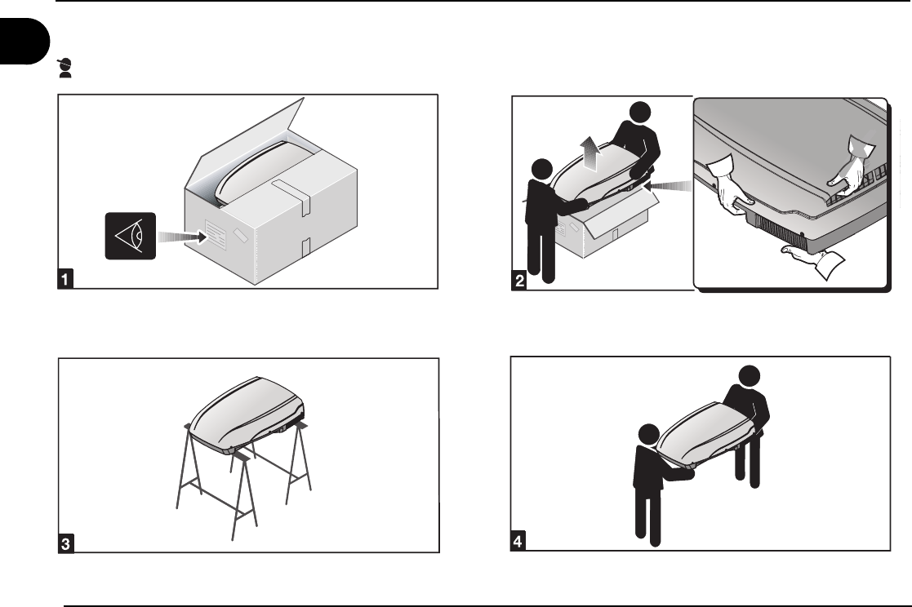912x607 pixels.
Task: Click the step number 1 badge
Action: coord(65,278)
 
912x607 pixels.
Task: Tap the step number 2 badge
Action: coord(518,280)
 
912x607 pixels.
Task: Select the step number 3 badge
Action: coord(65,543)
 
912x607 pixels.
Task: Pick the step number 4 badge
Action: coord(518,541)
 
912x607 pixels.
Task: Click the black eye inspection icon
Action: coord(131,236)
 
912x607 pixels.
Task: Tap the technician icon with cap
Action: coord(65,68)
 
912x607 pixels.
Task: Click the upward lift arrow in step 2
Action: coord(590,153)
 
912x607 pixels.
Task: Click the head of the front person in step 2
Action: coord(541,169)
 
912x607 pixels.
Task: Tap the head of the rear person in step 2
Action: coord(640,113)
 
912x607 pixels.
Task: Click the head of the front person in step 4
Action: coord(648,434)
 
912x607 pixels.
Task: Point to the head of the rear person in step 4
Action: coord(750,376)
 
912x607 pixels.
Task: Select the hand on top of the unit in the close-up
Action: coord(850,169)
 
